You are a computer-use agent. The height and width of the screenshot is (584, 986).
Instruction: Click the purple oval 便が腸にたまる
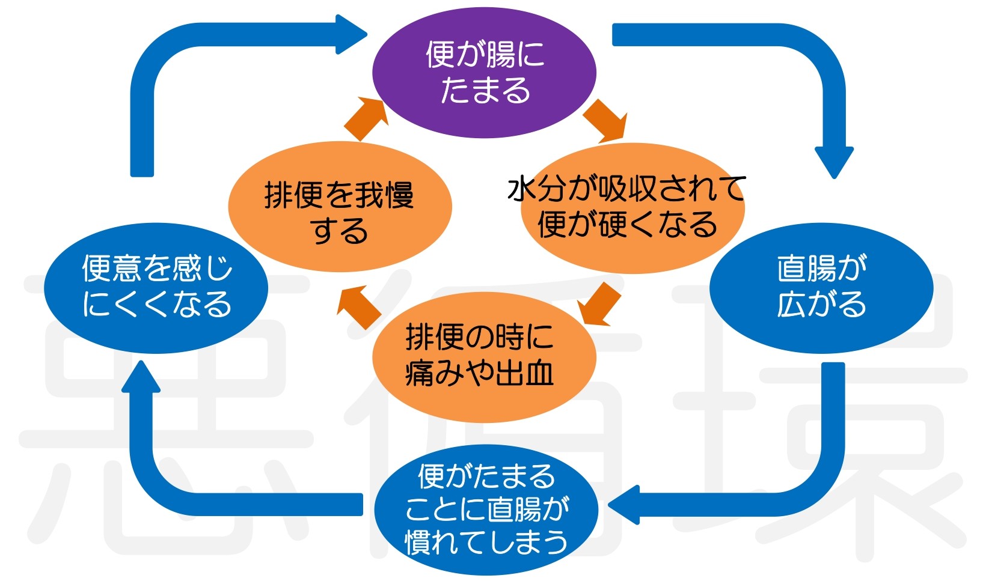tap(484, 73)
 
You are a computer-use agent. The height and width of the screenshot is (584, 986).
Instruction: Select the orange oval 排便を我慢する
tap(340, 207)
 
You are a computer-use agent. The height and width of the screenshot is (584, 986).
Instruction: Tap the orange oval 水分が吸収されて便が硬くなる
tap(632, 208)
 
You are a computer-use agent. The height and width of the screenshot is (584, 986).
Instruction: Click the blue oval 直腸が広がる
tap(821, 288)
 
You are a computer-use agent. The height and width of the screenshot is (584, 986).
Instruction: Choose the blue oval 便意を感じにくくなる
tap(156, 288)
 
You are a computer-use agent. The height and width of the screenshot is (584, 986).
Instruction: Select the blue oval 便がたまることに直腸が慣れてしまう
tap(486, 509)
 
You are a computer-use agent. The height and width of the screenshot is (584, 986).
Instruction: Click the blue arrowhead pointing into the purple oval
tap(351, 34)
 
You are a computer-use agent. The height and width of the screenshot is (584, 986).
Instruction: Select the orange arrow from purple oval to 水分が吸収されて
tap(605, 121)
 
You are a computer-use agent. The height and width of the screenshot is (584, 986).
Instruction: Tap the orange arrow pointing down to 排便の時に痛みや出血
tap(599, 304)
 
